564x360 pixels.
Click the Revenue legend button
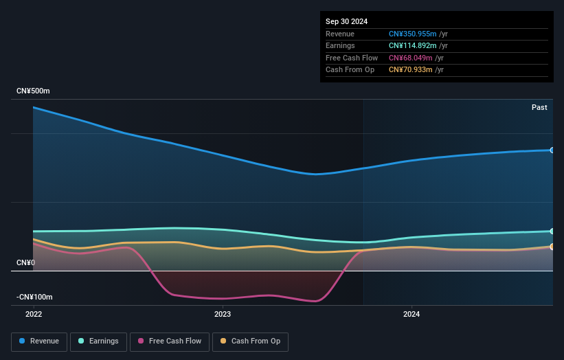pyautogui.click(x=39, y=341)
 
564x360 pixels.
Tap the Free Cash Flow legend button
pyautogui.click(x=170, y=341)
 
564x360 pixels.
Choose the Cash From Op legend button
pyautogui.click(x=251, y=341)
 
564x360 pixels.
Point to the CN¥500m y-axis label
pyautogui.click(x=33, y=91)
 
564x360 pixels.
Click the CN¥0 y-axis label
pyautogui.click(x=25, y=263)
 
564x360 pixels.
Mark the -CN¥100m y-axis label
pyautogui.click(x=34, y=297)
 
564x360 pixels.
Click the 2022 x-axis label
pyautogui.click(x=34, y=314)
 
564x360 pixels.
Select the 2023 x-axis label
pyautogui.click(x=223, y=314)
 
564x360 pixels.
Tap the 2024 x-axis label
pyautogui.click(x=411, y=314)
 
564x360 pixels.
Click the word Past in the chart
pyautogui.click(x=539, y=107)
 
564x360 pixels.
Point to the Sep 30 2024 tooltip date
pyautogui.click(x=347, y=21)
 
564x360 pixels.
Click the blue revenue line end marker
pyautogui.click(x=552, y=150)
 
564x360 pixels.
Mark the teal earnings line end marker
pyautogui.click(x=552, y=231)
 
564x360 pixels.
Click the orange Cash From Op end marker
pyautogui.click(x=552, y=246)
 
